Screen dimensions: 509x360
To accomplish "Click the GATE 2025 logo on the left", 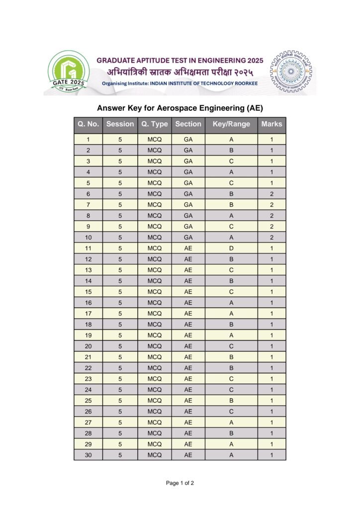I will [x=68, y=73].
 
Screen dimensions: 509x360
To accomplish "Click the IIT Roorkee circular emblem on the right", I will [x=292, y=72].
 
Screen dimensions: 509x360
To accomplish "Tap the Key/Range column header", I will [x=231, y=124].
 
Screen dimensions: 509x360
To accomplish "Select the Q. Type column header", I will [x=155, y=124].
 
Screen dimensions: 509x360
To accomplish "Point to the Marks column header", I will [x=271, y=124].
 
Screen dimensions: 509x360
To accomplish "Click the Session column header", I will [x=120, y=124].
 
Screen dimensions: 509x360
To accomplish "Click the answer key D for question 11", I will [x=231, y=248].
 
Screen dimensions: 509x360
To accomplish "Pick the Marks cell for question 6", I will [x=271, y=194].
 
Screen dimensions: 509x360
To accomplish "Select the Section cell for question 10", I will [x=188, y=237].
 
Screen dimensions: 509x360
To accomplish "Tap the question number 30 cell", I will [x=88, y=455].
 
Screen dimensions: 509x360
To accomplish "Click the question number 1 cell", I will [x=88, y=140].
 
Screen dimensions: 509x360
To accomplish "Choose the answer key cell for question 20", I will [x=231, y=346].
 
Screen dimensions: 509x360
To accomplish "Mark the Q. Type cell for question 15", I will [x=155, y=292].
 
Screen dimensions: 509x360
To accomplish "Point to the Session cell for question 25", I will [x=120, y=400].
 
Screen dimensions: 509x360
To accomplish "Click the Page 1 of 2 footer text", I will [x=180, y=483].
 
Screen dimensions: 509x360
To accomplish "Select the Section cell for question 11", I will [x=188, y=248].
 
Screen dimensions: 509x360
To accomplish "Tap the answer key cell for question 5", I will [x=231, y=183].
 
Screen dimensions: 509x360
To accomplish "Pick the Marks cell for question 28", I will [x=271, y=433].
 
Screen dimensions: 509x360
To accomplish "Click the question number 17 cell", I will [x=88, y=313].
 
